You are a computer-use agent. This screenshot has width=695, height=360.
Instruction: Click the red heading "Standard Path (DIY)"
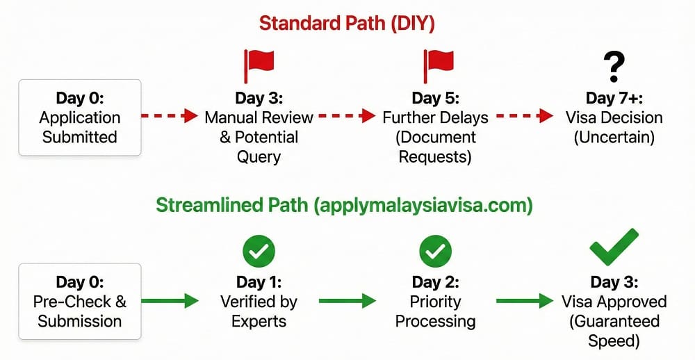click(347, 24)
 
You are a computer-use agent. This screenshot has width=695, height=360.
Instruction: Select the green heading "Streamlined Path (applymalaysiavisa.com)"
click(345, 206)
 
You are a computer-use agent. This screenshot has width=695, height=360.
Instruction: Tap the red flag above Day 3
click(259, 65)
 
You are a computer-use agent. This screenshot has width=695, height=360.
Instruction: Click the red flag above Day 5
click(439, 65)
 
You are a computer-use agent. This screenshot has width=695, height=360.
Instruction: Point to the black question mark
click(614, 67)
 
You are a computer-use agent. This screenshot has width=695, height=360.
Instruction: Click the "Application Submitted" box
click(80, 117)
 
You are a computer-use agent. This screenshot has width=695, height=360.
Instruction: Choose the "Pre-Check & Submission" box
click(80, 302)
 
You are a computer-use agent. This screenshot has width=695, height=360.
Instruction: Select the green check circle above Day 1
click(259, 252)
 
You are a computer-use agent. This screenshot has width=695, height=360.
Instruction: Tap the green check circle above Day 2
click(435, 252)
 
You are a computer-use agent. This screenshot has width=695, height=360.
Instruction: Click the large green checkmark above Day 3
click(614, 248)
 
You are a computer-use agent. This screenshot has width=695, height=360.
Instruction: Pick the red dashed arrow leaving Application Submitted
click(170, 116)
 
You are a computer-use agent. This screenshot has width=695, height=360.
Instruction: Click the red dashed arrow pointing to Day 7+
click(525, 116)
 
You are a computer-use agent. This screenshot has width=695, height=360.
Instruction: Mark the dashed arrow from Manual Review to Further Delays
click(347, 116)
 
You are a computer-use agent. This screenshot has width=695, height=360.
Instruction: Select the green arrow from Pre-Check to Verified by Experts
click(170, 301)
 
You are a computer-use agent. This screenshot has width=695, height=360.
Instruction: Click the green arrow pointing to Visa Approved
click(525, 301)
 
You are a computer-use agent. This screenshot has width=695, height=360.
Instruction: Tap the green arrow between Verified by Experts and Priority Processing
click(347, 301)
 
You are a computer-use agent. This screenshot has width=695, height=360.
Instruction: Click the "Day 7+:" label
click(614, 98)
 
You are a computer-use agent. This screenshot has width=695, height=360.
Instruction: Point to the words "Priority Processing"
click(435, 311)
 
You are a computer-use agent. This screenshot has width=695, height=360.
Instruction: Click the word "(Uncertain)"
click(614, 138)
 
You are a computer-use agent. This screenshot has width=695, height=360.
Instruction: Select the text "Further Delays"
click(435, 117)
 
